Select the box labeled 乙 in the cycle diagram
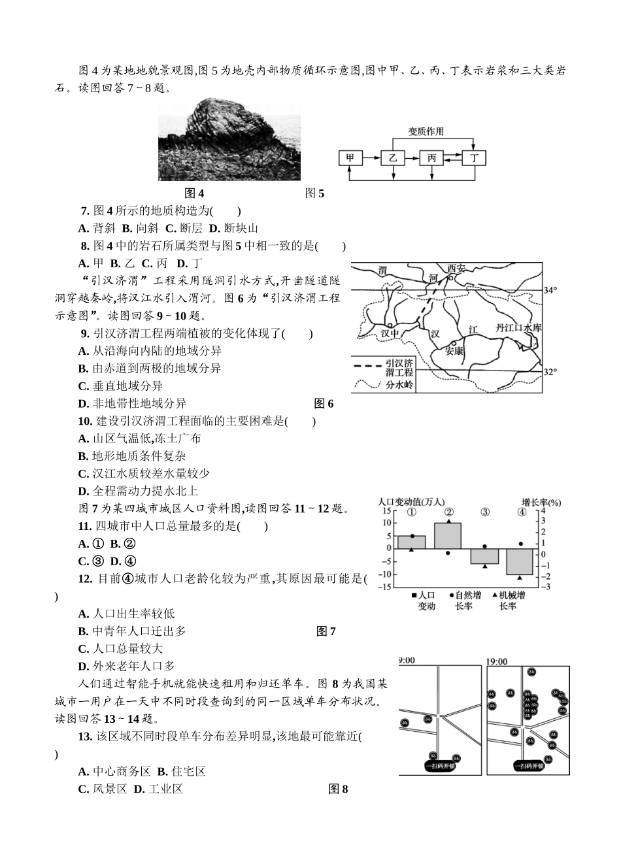click(392, 158)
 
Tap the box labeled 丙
click(431, 158)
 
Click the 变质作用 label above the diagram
click(426, 131)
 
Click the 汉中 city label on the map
click(390, 332)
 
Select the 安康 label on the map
click(454, 350)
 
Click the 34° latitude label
click(550, 289)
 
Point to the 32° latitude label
click(550, 372)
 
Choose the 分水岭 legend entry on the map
click(399, 385)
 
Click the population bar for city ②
click(448, 535)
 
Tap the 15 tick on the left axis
click(386, 510)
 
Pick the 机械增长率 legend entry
click(512, 601)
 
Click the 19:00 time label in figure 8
click(497, 661)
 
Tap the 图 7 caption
click(326, 631)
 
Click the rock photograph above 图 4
click(229, 141)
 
